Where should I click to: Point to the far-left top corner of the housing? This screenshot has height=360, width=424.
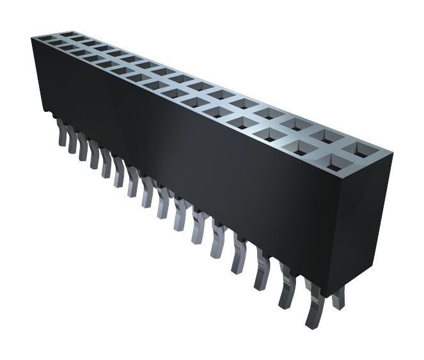point(32,38)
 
